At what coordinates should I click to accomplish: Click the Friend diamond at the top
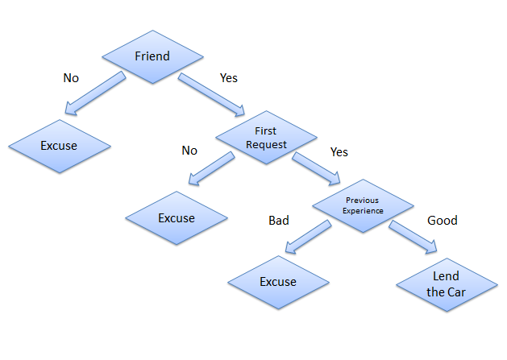click(x=152, y=57)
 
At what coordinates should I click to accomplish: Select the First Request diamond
click(x=266, y=138)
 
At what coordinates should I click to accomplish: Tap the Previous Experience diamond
click(x=363, y=206)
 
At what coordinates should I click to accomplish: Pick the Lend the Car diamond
click(x=447, y=285)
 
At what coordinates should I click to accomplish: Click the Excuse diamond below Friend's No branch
click(x=60, y=146)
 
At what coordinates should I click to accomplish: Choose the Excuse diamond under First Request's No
click(x=177, y=218)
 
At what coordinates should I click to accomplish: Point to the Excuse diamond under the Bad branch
click(x=278, y=282)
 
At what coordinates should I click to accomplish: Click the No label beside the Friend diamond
click(x=71, y=78)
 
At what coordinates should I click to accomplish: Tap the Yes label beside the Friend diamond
click(x=229, y=78)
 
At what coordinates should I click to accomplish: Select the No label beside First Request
click(x=189, y=151)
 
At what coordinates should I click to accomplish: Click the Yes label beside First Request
click(x=339, y=152)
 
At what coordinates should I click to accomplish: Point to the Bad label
click(x=279, y=221)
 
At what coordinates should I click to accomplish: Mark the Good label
click(x=443, y=221)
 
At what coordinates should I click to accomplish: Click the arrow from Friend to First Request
click(x=211, y=94)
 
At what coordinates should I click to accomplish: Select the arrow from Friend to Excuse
click(x=95, y=93)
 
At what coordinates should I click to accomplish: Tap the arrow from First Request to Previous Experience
click(x=316, y=169)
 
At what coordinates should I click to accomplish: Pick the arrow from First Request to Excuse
click(x=212, y=168)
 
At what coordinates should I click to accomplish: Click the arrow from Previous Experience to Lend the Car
click(x=413, y=237)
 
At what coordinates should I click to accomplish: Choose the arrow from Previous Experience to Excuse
click(x=309, y=237)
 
